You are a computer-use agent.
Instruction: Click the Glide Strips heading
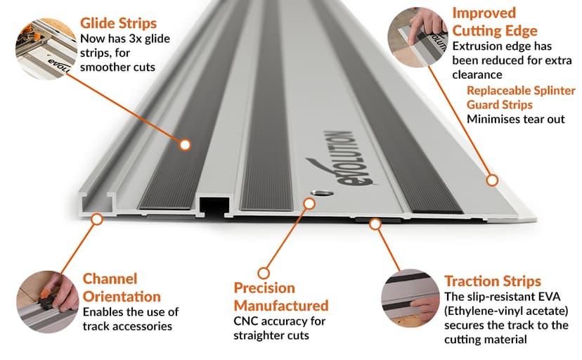[x=118, y=23]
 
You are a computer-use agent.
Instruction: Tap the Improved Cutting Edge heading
[x=495, y=22]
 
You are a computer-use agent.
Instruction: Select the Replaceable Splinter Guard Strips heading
[x=521, y=98]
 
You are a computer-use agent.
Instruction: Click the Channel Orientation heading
[x=122, y=288]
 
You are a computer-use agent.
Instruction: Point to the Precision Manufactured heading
[x=281, y=297]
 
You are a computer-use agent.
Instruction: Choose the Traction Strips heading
[x=493, y=281]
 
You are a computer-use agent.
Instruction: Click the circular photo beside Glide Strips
[x=46, y=49]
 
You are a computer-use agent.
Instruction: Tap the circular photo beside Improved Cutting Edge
[x=418, y=37]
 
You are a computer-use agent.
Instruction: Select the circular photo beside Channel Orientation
[x=48, y=302]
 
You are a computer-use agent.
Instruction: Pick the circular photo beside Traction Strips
[x=410, y=298]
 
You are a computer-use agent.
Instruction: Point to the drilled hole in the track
[x=321, y=193]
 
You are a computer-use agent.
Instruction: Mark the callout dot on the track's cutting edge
[x=492, y=181]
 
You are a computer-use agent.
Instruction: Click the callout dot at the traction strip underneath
[x=375, y=224]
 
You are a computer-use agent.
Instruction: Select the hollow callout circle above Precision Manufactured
[x=264, y=273]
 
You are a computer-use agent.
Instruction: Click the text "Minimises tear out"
[x=515, y=119]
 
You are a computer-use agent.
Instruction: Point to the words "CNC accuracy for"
[x=280, y=321]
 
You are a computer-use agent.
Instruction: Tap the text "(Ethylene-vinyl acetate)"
[x=506, y=311]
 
